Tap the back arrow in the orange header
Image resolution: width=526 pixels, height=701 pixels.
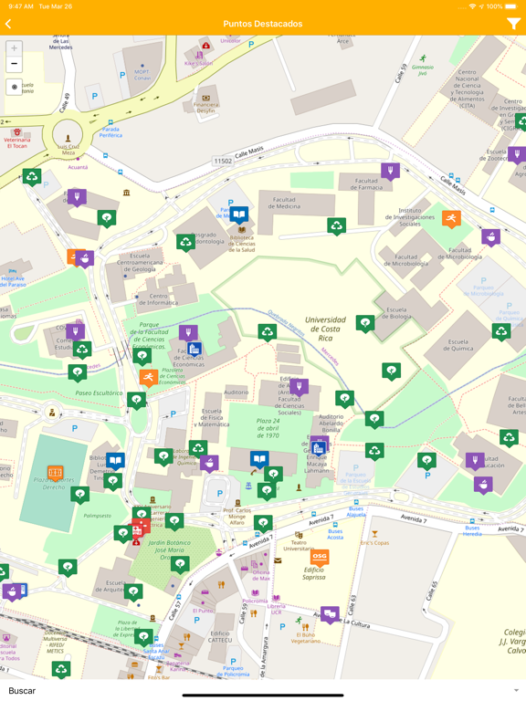coord(9,24)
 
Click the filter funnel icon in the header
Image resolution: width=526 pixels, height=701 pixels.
coord(513,24)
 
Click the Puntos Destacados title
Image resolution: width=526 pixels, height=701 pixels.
coord(262,24)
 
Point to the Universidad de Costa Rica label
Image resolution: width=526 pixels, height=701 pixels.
coord(325,329)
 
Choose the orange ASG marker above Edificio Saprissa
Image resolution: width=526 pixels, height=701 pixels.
coord(319,556)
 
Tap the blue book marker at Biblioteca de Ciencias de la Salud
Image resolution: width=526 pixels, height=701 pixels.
coord(238,215)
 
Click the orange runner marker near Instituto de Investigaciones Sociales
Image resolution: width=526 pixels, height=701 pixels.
coord(451,218)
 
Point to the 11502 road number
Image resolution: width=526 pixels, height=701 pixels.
coord(223,162)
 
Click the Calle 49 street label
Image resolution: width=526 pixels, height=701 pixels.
coord(65,103)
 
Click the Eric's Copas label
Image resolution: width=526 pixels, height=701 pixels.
coord(373,543)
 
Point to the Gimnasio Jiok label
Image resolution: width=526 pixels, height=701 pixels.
coord(422,69)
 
